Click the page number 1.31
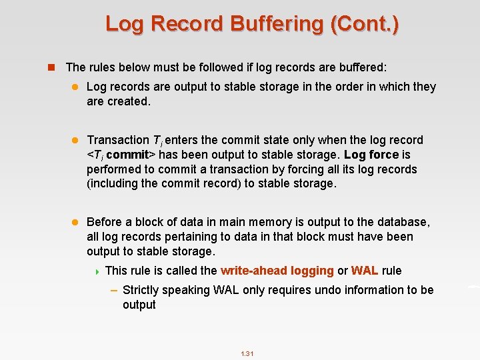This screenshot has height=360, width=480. click(247, 354)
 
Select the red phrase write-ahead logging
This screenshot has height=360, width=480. click(277, 270)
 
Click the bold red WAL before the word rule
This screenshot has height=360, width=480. click(365, 270)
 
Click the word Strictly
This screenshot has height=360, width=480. click(143, 290)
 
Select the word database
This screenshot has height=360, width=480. click(403, 222)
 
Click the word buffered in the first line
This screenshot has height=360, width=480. click(363, 67)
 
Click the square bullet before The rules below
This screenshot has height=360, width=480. click(49, 67)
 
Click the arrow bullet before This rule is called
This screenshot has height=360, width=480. click(97, 271)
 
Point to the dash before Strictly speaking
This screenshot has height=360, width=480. click(114, 290)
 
